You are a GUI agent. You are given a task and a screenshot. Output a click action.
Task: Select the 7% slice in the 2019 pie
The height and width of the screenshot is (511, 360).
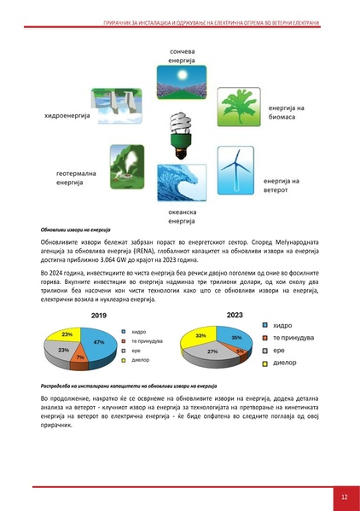click(x=78, y=355)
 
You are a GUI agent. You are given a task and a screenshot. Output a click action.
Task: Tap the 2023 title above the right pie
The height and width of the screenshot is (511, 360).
click(x=235, y=315)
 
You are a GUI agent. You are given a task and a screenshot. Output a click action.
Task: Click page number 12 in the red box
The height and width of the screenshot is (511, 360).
click(x=343, y=496)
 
